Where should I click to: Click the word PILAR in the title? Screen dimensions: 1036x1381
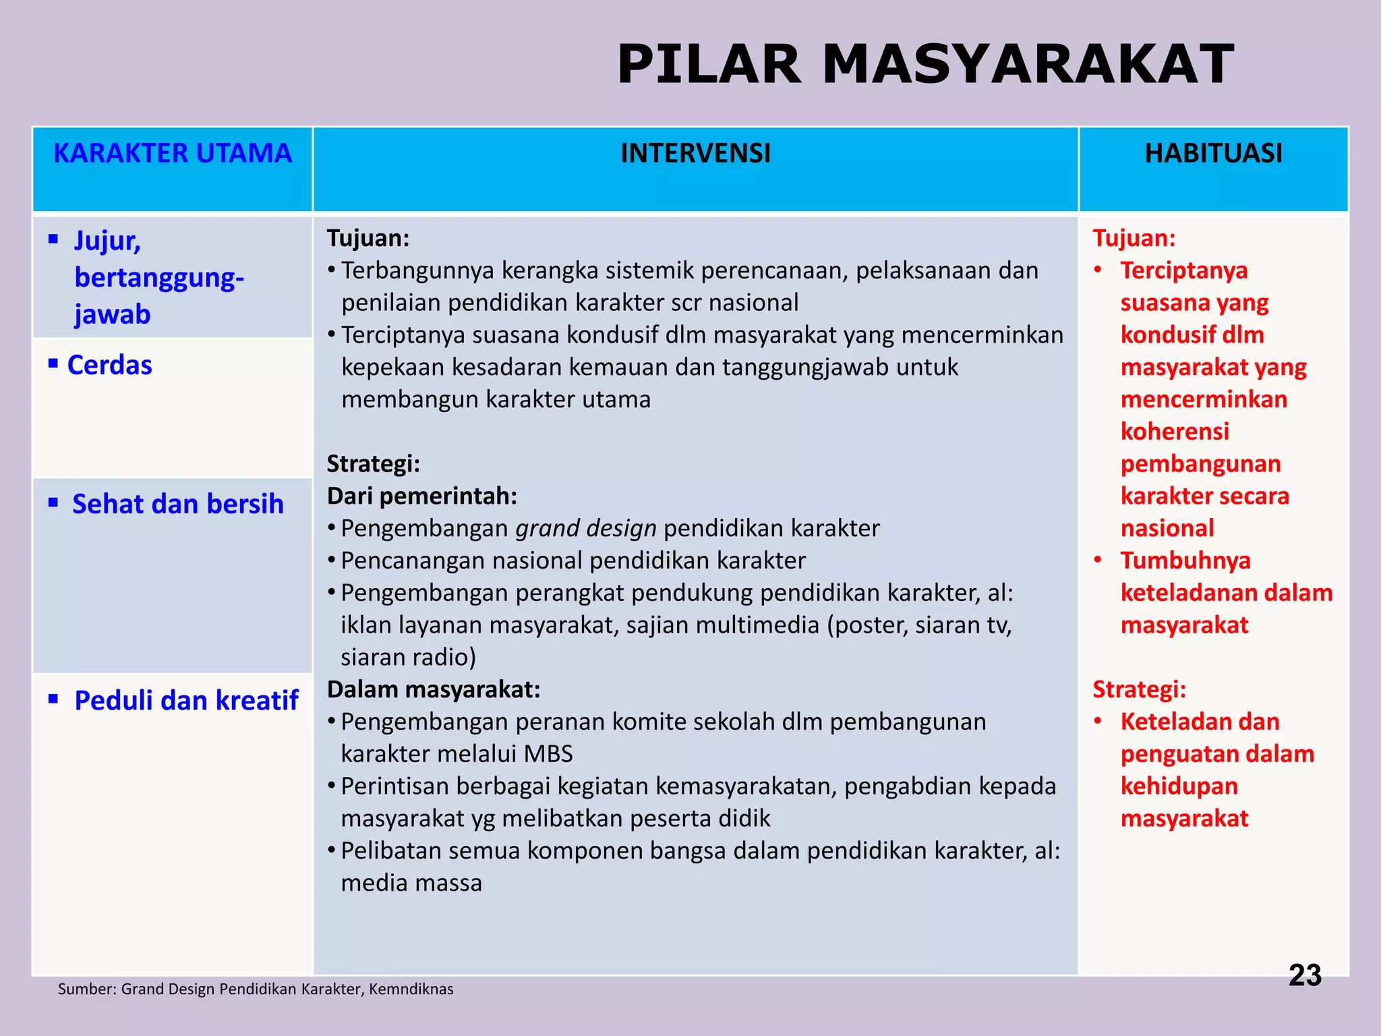coord(709,65)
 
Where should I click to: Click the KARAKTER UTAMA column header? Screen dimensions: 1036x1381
coord(173,154)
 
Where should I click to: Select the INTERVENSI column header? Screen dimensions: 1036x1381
coord(695,154)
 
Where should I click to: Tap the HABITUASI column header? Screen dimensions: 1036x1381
coord(1213,154)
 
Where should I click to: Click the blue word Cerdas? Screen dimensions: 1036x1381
coord(109,366)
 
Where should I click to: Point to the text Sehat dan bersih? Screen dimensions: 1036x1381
coord(177,505)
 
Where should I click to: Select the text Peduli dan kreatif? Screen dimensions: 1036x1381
coord(186,701)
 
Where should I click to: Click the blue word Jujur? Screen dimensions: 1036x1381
coord(107,241)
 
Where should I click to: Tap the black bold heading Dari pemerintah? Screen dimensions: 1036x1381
coord(422,496)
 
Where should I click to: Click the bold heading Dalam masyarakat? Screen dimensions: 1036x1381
coord(434,690)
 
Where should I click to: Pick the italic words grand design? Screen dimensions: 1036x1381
coord(586,529)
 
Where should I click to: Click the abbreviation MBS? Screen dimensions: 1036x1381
coord(548,754)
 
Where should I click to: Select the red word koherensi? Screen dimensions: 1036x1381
coord(1175,432)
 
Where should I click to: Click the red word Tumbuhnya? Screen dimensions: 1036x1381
coord(1185,561)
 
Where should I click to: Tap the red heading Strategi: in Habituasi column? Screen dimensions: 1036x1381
coord(1139,690)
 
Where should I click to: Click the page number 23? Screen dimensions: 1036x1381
coord(1305,975)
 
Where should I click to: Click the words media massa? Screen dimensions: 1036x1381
coord(411,884)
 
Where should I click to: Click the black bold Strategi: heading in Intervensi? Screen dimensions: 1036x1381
coord(373,464)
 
